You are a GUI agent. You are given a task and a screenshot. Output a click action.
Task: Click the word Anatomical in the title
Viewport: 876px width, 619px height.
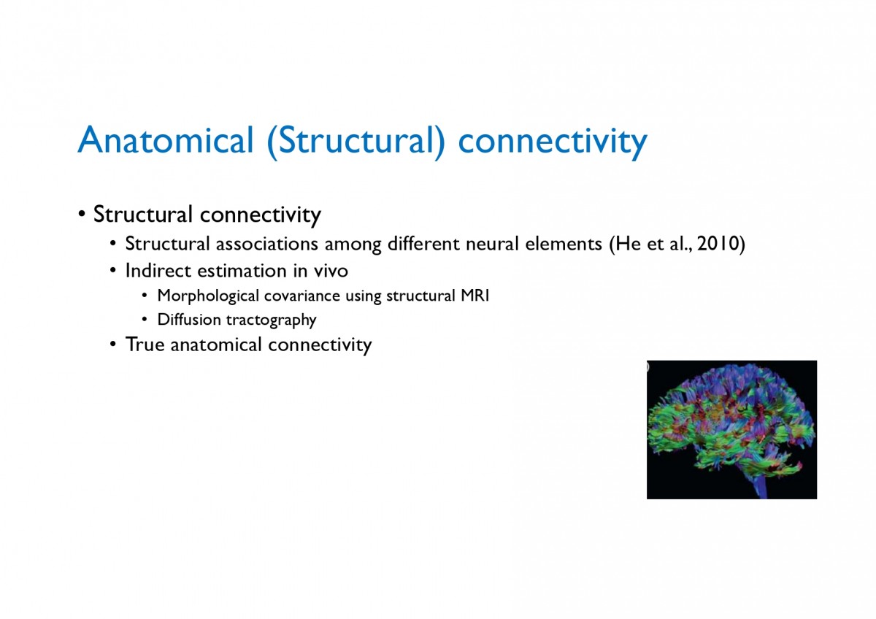point(166,140)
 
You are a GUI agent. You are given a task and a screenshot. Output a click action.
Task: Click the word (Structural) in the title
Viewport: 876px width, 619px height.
point(356,142)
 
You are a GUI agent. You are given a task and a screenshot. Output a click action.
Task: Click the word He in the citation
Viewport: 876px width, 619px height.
point(627,244)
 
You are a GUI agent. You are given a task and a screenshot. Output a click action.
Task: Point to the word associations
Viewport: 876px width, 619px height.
point(266,244)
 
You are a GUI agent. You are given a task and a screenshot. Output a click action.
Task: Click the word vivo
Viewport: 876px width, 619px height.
point(331,271)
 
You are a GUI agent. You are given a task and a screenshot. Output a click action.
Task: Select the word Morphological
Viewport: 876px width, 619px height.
point(208,296)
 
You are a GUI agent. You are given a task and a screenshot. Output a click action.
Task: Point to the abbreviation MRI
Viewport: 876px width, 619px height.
point(474,295)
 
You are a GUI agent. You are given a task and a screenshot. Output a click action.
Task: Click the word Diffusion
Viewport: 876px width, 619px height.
point(189,320)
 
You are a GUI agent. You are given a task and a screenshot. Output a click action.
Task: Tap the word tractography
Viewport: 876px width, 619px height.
point(272,320)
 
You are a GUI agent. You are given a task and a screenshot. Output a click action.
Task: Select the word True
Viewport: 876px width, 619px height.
point(145,345)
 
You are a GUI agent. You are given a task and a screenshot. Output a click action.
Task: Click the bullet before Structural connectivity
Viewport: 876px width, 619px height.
point(82,215)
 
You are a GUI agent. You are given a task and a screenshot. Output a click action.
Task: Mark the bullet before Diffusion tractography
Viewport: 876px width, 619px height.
point(145,320)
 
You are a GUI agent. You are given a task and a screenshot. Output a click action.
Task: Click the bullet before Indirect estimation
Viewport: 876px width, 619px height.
point(113,271)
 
